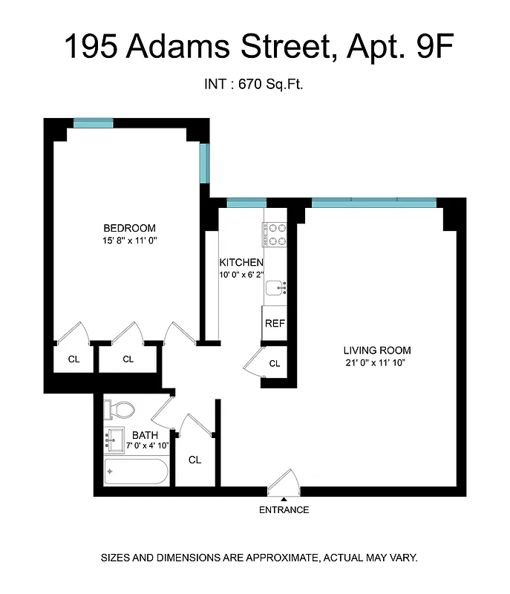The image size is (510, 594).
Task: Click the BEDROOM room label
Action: (x=129, y=228)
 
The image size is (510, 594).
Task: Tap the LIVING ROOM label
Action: (x=376, y=350)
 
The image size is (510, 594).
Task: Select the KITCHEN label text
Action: (x=241, y=263)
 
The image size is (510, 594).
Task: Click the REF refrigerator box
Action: (x=275, y=324)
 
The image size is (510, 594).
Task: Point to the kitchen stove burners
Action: (x=274, y=235)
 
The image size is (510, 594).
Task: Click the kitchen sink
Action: (x=276, y=288)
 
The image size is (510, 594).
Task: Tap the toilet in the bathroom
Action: (x=119, y=409)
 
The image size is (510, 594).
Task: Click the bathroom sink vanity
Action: (x=115, y=440)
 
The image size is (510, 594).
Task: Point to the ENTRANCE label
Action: (x=284, y=510)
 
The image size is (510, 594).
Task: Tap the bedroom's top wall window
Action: (x=93, y=123)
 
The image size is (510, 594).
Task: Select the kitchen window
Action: (x=246, y=203)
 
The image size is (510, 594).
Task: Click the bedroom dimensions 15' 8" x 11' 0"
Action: (x=129, y=241)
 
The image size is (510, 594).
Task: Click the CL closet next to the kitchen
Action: (x=274, y=364)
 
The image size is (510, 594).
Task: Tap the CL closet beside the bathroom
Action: (x=194, y=460)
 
